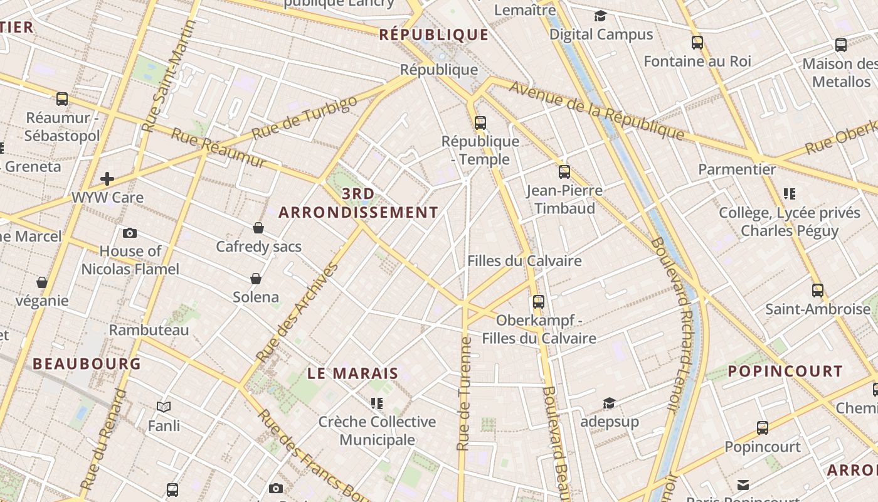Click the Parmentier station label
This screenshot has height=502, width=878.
click(x=737, y=169)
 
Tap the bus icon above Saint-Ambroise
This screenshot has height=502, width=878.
click(x=818, y=291)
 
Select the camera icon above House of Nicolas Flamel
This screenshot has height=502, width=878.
click(x=130, y=233)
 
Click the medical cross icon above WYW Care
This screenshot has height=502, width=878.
click(x=107, y=179)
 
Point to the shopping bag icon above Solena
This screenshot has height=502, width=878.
click(x=256, y=278)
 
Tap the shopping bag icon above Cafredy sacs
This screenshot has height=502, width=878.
click(x=258, y=227)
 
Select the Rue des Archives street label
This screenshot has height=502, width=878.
click(x=297, y=312)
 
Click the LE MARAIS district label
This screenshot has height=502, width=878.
click(x=353, y=373)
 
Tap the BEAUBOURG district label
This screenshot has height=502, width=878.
click(x=87, y=363)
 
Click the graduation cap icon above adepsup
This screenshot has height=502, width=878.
click(x=609, y=403)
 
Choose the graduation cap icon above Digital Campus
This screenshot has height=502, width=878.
click(x=601, y=16)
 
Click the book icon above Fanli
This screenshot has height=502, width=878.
click(x=164, y=407)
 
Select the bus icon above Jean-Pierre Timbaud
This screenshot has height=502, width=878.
click(x=564, y=171)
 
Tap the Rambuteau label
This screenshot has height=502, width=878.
click(x=149, y=330)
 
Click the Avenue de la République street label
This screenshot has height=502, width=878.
click(x=596, y=110)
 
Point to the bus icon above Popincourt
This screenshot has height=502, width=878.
click(x=763, y=428)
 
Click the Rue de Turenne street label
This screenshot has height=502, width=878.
click(x=464, y=394)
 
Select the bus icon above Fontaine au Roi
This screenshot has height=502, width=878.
click(x=697, y=43)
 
